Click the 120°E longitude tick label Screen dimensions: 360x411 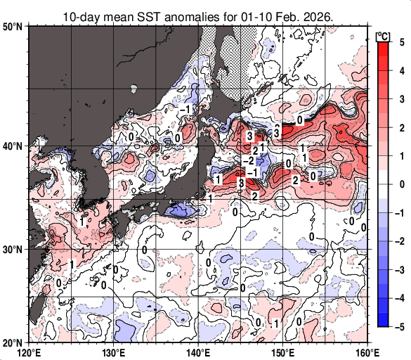click(28, 352)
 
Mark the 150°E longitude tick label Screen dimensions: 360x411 click(282, 352)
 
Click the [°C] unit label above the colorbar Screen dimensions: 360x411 click(384, 35)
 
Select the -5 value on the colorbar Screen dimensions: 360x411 click(398, 327)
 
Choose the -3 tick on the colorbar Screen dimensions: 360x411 click(398, 270)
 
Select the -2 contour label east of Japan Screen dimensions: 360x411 click(248, 162)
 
